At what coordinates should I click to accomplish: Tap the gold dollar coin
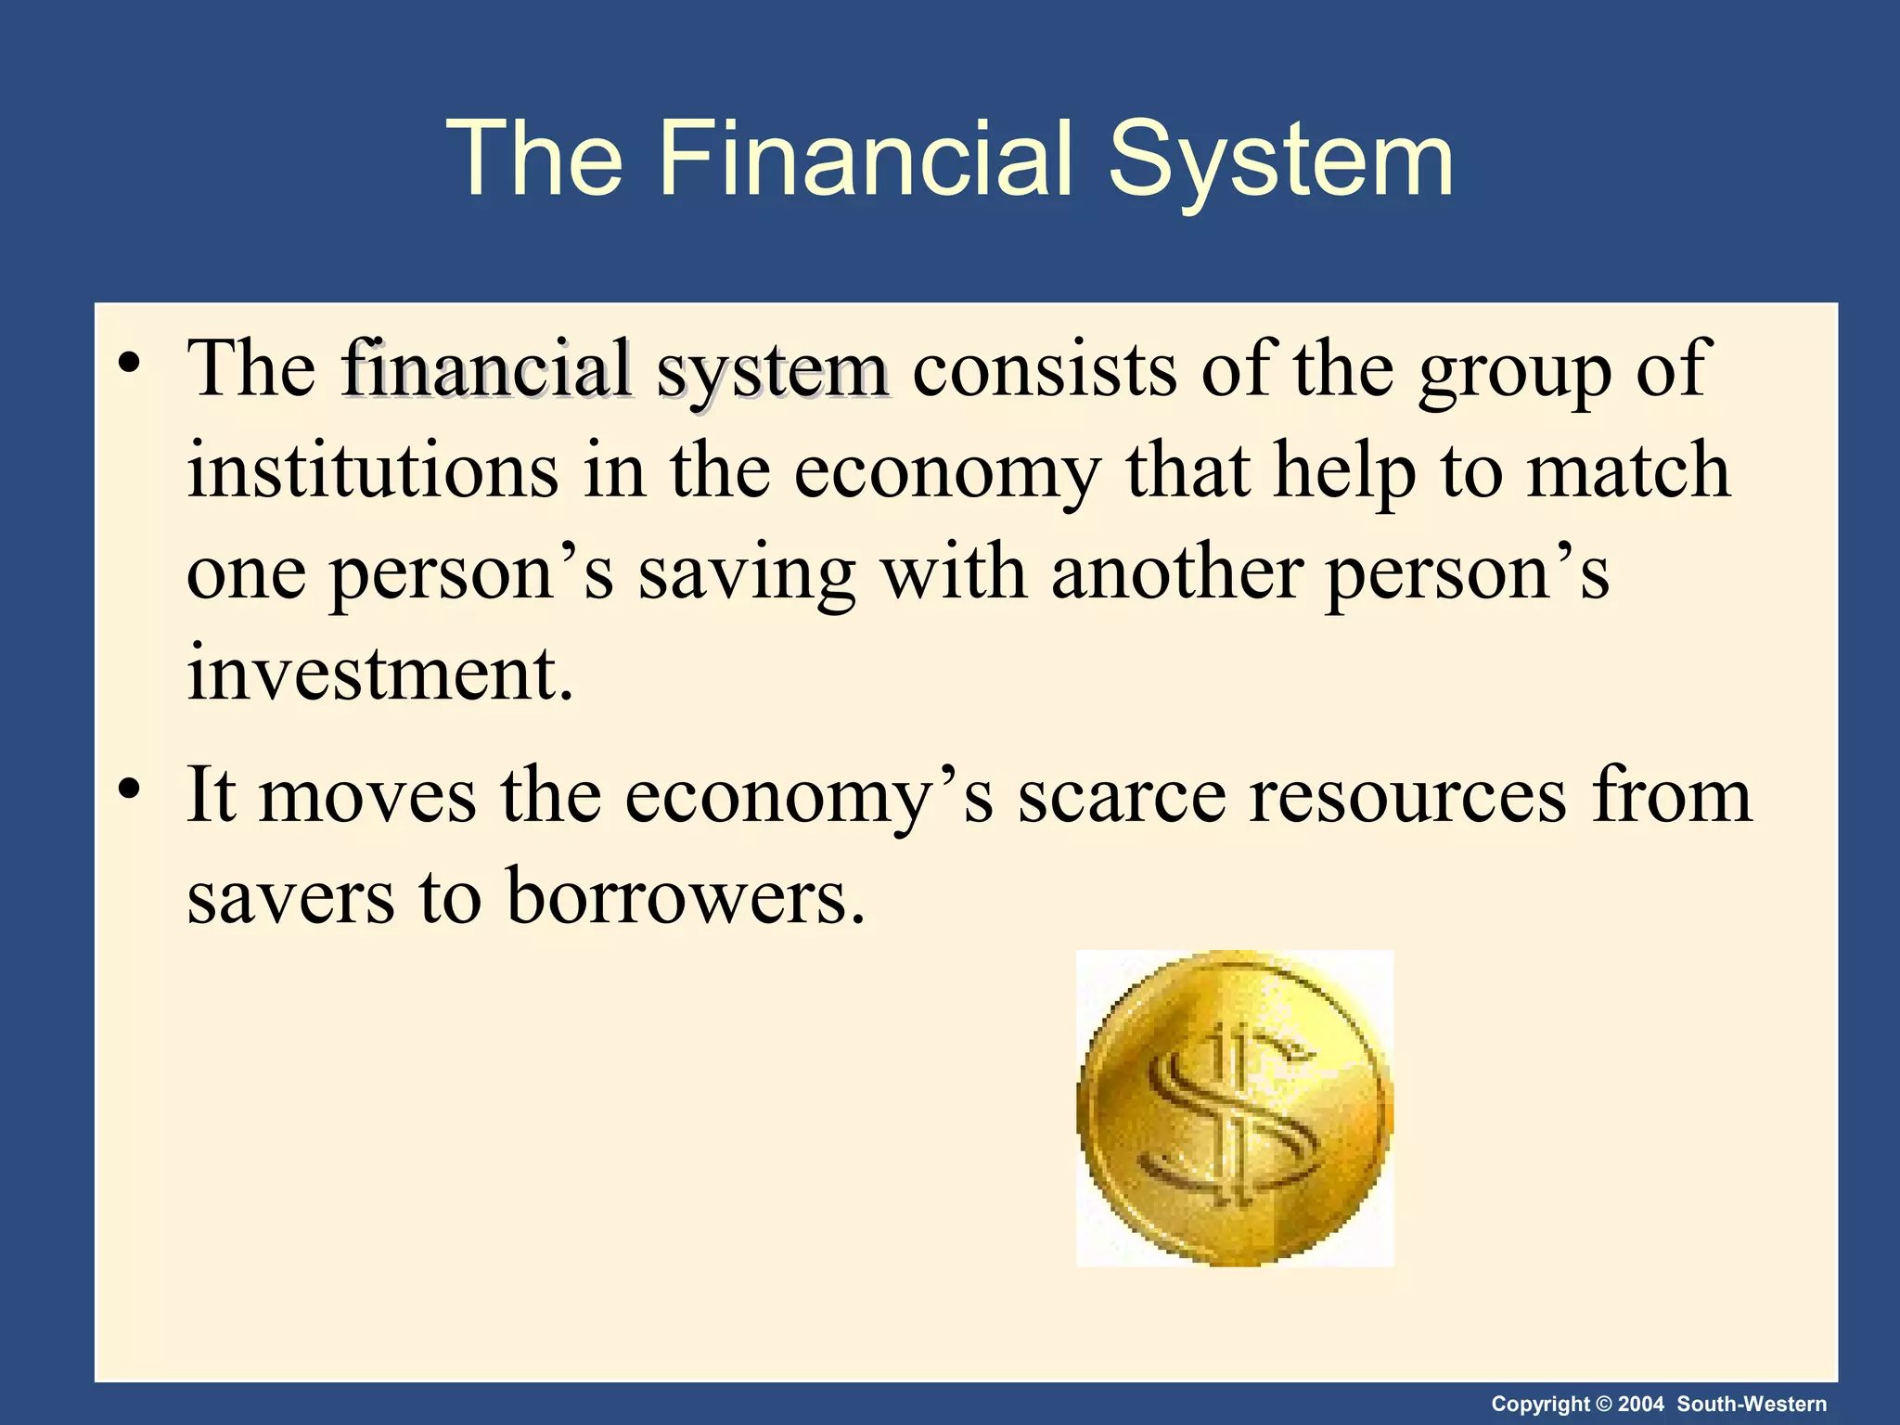[1235, 1108]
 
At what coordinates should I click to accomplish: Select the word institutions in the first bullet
[373, 470]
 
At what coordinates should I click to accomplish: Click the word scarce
[1122, 798]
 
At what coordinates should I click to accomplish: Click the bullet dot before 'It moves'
[129, 790]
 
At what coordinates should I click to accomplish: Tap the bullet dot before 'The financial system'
[129, 363]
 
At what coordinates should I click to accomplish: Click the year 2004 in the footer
[1641, 1404]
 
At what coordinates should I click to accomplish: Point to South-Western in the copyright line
[1752, 1404]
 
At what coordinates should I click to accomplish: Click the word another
[1177, 572]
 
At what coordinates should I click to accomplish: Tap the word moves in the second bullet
[367, 798]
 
